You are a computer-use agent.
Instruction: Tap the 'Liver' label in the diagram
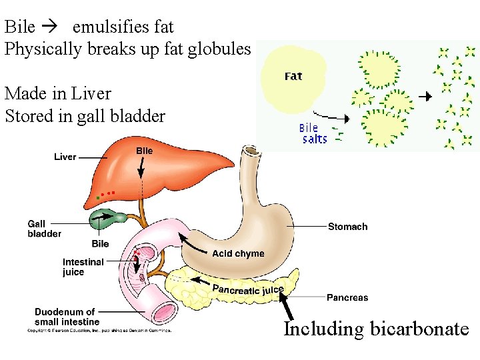pyautogui.click(x=65, y=157)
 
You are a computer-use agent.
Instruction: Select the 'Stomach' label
pyautogui.click(x=347, y=227)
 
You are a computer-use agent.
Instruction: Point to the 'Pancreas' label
pyautogui.click(x=347, y=297)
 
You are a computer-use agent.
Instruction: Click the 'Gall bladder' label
pyautogui.click(x=44, y=229)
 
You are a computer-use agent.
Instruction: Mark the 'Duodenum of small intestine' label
pyautogui.click(x=65, y=317)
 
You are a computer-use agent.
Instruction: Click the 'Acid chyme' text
pyautogui.click(x=238, y=253)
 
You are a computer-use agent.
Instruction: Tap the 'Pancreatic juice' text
pyautogui.click(x=248, y=289)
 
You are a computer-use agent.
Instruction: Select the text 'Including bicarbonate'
pyautogui.click(x=376, y=329)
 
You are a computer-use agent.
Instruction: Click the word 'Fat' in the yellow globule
pyautogui.click(x=293, y=76)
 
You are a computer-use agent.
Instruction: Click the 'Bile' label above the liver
pyautogui.click(x=144, y=151)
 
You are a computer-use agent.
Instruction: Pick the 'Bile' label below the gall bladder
pyautogui.click(x=100, y=244)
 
